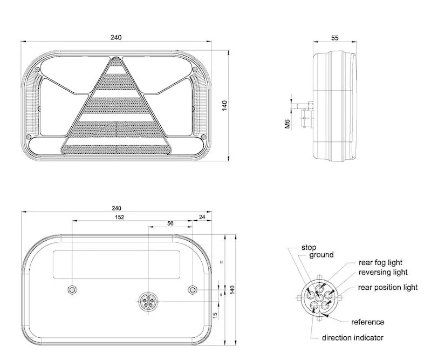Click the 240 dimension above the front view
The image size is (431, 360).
(116, 37)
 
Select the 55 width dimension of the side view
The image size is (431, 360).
(334, 38)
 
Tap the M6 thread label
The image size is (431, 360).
(287, 125)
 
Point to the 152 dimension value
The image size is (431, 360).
(119, 217)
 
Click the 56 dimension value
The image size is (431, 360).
(170, 222)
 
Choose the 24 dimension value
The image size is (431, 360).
(202, 217)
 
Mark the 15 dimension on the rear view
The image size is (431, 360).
(215, 314)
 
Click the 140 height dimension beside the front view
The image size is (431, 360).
(224, 106)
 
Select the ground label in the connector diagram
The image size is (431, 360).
(321, 255)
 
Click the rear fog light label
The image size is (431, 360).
(380, 263)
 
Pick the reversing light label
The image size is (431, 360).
(383, 272)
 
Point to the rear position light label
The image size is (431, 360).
(387, 288)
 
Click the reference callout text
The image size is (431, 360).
(367, 322)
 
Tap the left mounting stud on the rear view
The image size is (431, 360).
(71, 290)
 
